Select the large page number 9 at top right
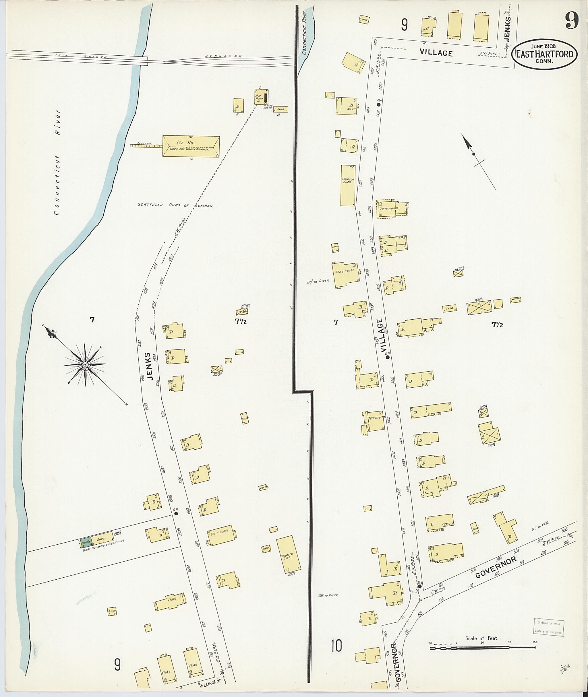[571, 22]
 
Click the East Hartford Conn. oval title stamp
[545, 54]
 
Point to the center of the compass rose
[85, 365]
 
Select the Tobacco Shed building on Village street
[348, 185]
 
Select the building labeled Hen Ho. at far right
[515, 300]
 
